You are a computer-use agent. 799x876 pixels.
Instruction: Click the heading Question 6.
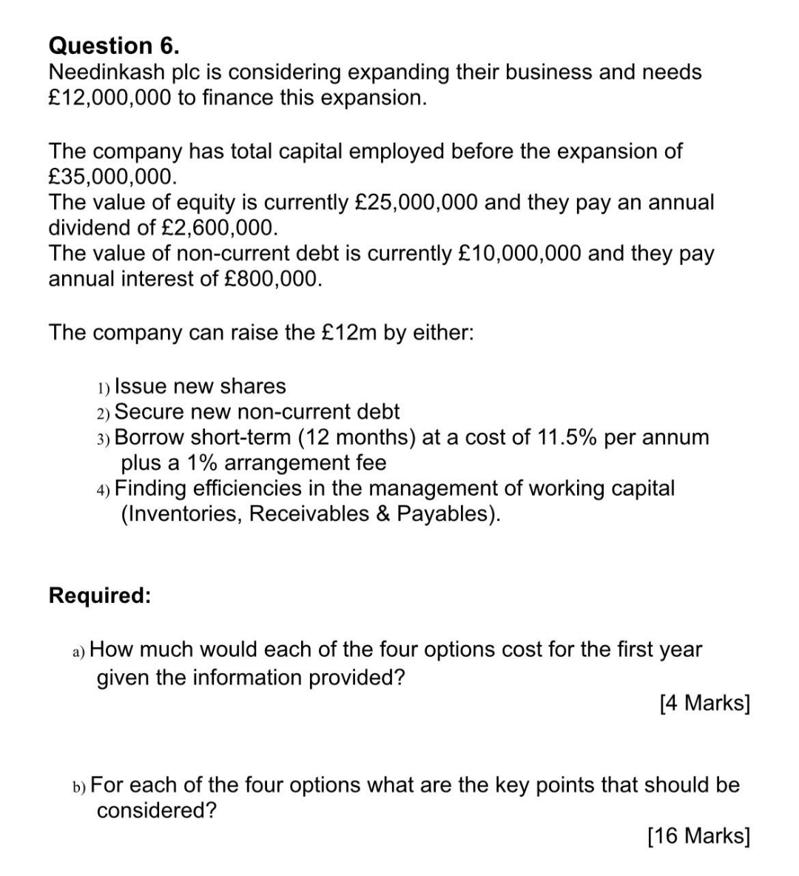(x=114, y=46)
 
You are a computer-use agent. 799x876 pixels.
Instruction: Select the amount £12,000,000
(x=109, y=98)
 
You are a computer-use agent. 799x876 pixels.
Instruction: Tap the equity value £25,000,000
(x=417, y=202)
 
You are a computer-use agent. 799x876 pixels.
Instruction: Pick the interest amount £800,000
(x=272, y=279)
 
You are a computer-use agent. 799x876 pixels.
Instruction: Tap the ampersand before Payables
(x=382, y=513)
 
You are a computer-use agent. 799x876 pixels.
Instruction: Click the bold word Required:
(x=100, y=596)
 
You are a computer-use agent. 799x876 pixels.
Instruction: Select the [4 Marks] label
(x=704, y=703)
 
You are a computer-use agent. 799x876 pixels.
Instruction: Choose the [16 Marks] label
(x=698, y=836)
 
